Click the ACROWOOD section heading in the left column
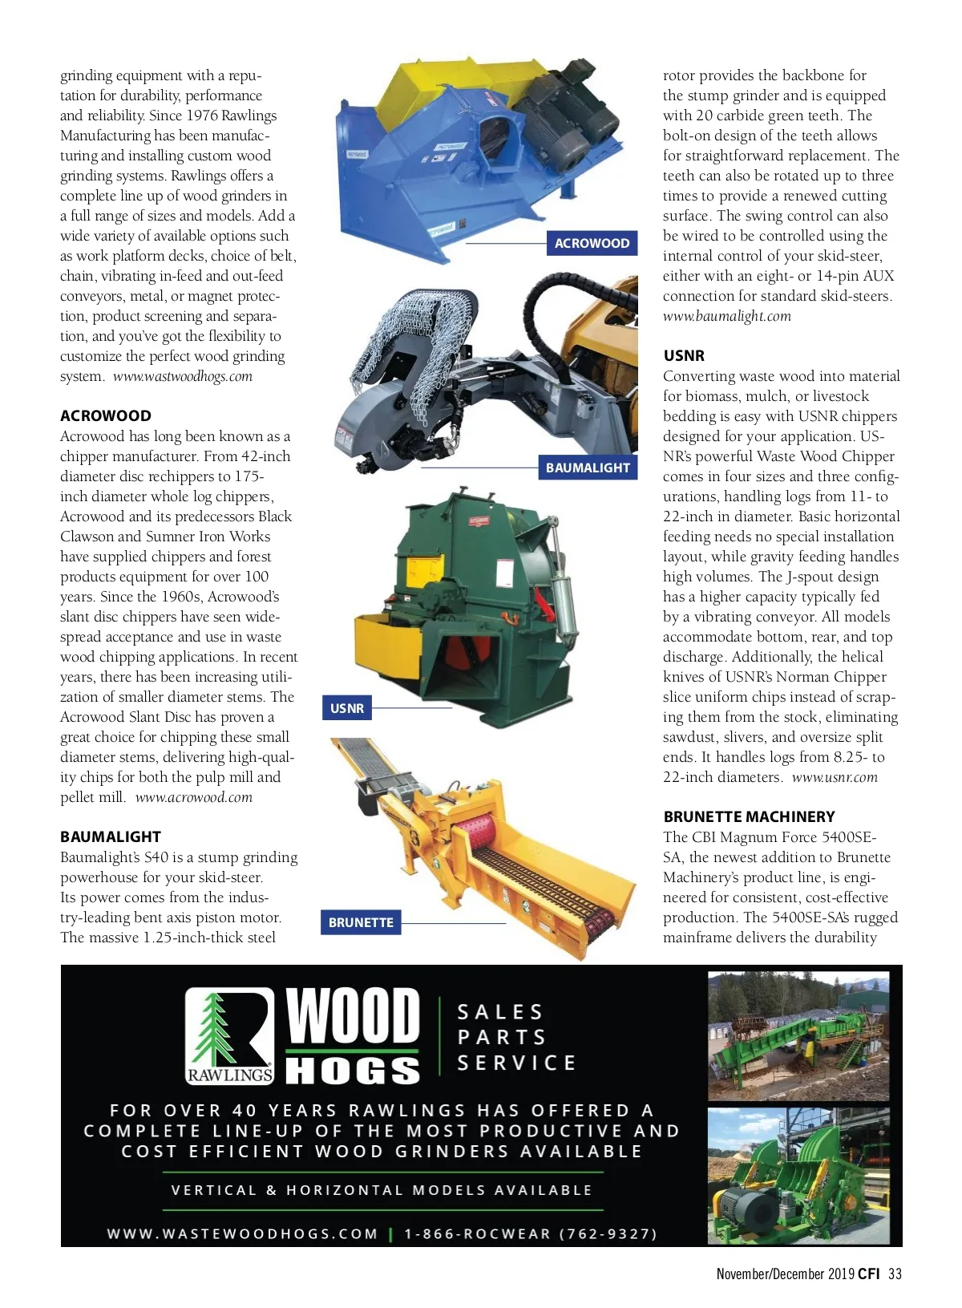[105, 415]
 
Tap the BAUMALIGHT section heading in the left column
[110, 836]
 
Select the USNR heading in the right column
[684, 355]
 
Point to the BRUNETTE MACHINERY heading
[749, 816]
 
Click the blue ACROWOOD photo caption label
[592, 243]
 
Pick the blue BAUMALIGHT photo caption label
[588, 468]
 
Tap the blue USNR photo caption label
[347, 708]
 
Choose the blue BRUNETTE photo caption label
[361, 922]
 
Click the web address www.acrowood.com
[193, 797]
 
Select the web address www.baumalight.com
[726, 316]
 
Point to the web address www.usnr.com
[834, 777]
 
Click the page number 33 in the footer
[895, 1274]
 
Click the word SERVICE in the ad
[516, 1063]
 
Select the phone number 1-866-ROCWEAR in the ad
[530, 1233]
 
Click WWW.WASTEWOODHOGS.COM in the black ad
[242, 1233]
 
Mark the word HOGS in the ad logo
[353, 1071]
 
